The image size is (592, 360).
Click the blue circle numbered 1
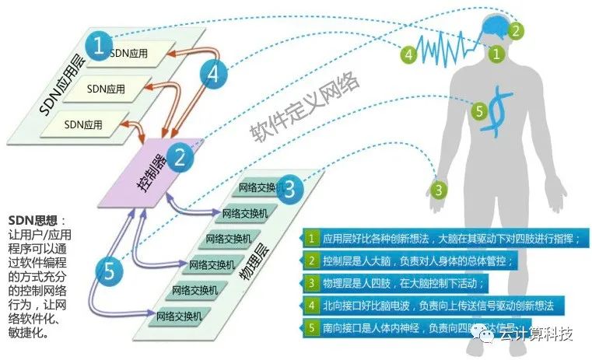click(98, 44)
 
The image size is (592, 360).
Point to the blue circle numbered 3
click(289, 189)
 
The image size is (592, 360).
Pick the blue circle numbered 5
click(110, 271)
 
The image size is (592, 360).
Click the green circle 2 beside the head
click(514, 31)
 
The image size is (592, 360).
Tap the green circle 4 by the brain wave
click(408, 54)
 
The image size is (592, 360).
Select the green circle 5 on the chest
click(480, 110)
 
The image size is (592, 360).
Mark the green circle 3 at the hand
click(439, 189)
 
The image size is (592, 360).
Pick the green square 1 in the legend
click(311, 238)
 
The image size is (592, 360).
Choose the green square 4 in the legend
click(311, 305)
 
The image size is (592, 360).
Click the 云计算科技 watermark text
click(536, 334)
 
